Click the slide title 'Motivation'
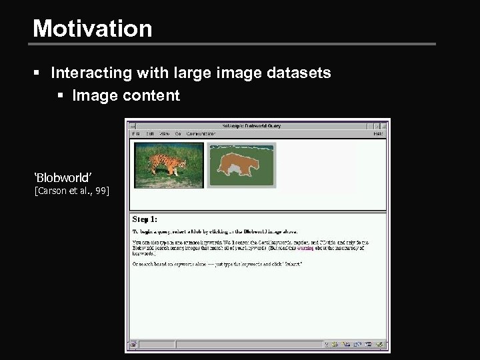92,28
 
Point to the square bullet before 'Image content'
60,96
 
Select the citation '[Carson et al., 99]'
71,192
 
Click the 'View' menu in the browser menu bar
164,133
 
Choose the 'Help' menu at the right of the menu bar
378,133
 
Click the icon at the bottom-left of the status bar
133,345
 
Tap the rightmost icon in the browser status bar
380,345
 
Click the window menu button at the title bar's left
133,125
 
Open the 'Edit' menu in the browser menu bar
149,133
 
